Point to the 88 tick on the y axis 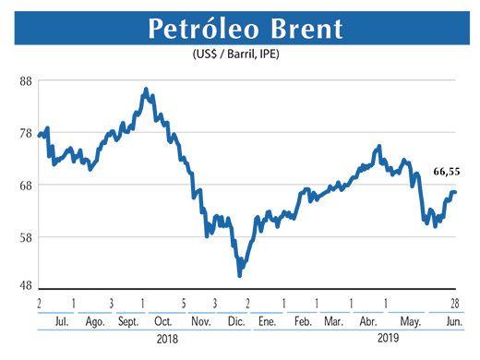coord(26,81)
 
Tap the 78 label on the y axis coord(26,133)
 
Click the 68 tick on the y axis coord(26,185)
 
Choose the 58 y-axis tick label coord(26,237)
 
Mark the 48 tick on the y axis coord(26,285)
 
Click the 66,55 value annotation coord(446,172)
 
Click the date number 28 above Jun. coord(453,303)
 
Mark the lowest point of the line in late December coord(240,274)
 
